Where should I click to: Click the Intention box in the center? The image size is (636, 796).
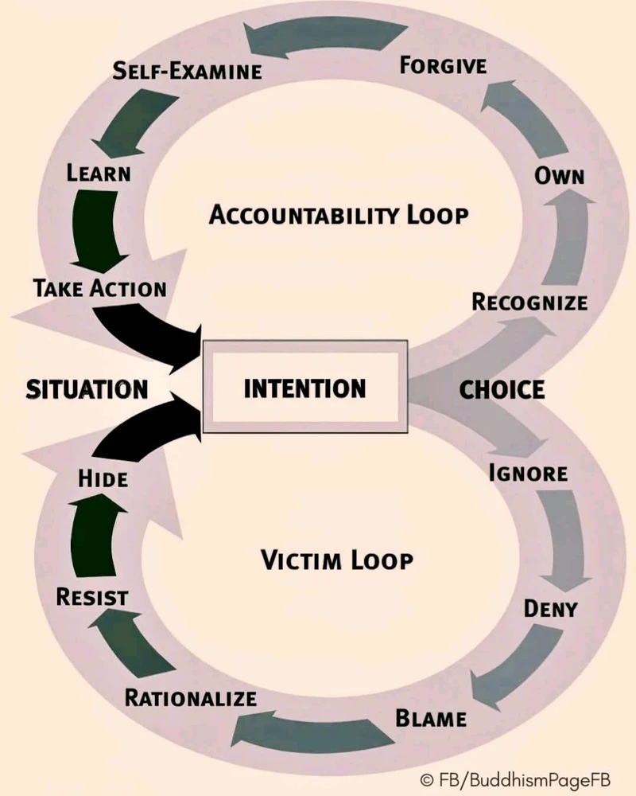(305, 388)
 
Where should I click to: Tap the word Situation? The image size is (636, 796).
(87, 389)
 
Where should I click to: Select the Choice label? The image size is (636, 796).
(502, 389)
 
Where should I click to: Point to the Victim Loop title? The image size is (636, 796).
(337, 560)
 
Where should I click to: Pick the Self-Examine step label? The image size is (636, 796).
(187, 70)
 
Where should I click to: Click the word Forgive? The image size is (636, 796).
(443, 64)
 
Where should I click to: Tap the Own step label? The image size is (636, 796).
(559, 175)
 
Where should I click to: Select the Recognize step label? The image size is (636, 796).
(529, 302)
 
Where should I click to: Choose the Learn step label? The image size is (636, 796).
(99, 172)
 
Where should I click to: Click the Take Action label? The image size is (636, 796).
(100, 287)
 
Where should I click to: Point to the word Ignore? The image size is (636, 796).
(528, 473)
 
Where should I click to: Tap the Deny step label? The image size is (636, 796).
(550, 609)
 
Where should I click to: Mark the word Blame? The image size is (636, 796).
(431, 718)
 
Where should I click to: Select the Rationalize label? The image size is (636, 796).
(191, 699)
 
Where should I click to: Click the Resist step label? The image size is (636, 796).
(92, 596)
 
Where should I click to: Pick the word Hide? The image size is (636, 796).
(103, 478)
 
